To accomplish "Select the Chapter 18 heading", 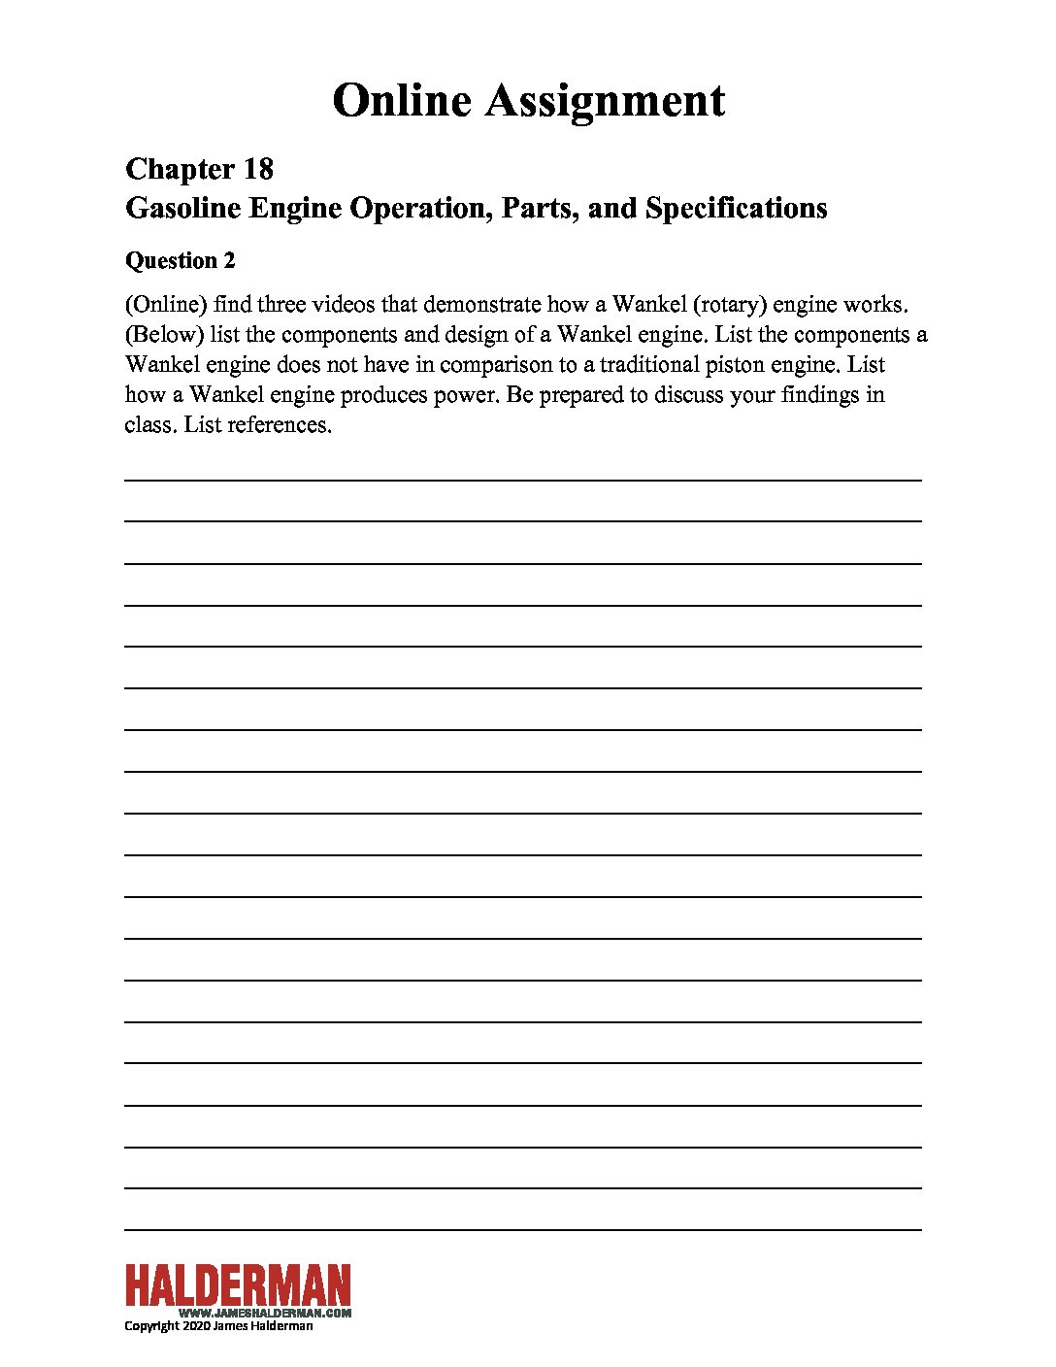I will pyautogui.click(x=199, y=169).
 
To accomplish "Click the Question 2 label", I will pyautogui.click(x=180, y=260).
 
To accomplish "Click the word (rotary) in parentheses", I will pyautogui.click(x=730, y=304).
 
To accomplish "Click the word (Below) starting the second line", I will pyautogui.click(x=164, y=334).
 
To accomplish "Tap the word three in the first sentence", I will pyautogui.click(x=280, y=304).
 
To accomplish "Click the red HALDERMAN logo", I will pyautogui.click(x=238, y=1285).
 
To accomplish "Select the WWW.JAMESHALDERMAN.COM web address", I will pyautogui.click(x=265, y=1313).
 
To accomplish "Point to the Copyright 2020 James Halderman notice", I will pyautogui.click(x=218, y=1326).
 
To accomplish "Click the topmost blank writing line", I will pyautogui.click(x=522, y=479).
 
